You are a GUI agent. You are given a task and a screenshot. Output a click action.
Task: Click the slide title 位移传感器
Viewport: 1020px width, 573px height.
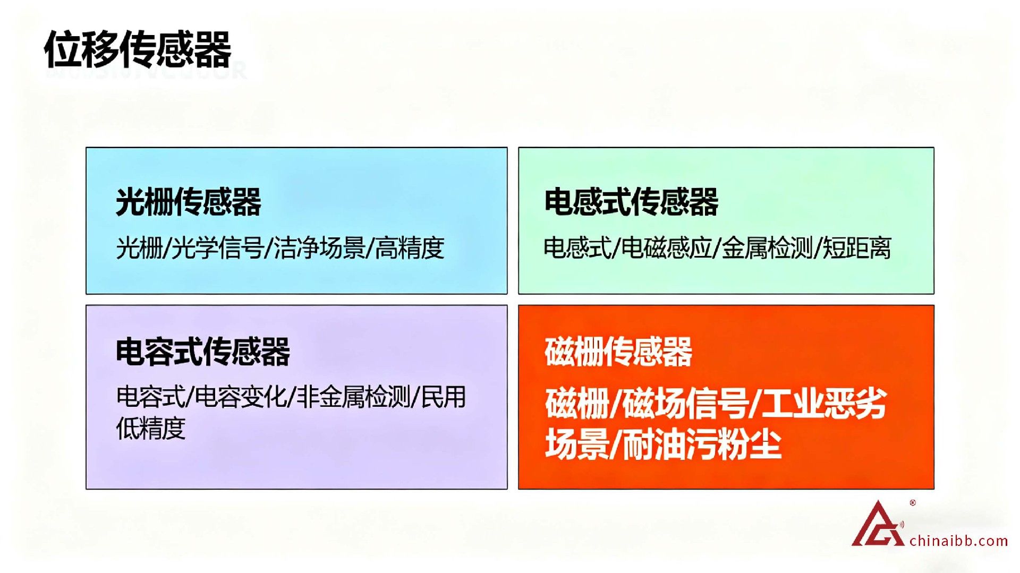pos(138,49)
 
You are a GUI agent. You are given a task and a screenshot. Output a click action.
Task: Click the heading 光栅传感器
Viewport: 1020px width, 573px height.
pos(189,202)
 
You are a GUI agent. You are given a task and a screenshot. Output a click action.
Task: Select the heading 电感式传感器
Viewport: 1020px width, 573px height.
pos(631,202)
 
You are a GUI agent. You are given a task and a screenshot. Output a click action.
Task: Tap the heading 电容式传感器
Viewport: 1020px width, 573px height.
pos(203,352)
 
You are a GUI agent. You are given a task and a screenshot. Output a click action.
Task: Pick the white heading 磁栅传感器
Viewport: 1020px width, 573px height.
pos(618,352)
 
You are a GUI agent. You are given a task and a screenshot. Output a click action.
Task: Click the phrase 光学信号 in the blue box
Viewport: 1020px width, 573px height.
pos(217,248)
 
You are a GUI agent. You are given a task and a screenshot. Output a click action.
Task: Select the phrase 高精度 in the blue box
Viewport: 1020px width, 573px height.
pos(410,248)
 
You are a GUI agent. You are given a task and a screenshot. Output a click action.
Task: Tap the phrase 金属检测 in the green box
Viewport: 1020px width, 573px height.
pos(768,248)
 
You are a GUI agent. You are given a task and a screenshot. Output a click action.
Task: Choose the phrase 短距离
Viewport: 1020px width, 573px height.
pos(857,248)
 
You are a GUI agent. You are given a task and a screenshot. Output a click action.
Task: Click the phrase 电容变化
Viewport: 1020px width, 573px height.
pos(241,397)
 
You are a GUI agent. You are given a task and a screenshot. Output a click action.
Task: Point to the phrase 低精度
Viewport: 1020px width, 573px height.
pos(151,428)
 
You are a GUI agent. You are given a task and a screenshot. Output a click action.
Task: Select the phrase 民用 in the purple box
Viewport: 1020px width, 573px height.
pos(444,397)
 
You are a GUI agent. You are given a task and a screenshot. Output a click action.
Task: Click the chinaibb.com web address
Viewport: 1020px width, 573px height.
pos(959,541)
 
